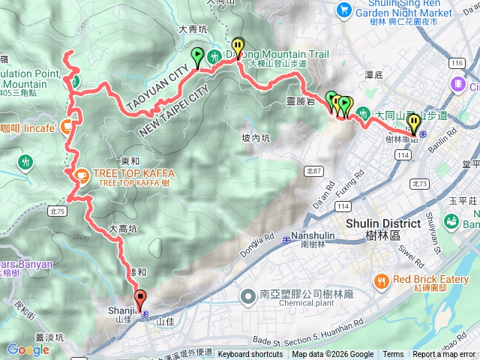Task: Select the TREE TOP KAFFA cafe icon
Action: pos(79,174)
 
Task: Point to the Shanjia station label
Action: pos(126,310)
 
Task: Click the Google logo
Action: pos(28,349)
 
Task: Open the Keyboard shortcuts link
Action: pos(250,355)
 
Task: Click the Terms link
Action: pos(392,355)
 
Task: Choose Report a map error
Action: pos(443,355)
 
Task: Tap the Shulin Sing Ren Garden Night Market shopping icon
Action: pos(344,9)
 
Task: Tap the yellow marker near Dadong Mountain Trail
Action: pos(238,46)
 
